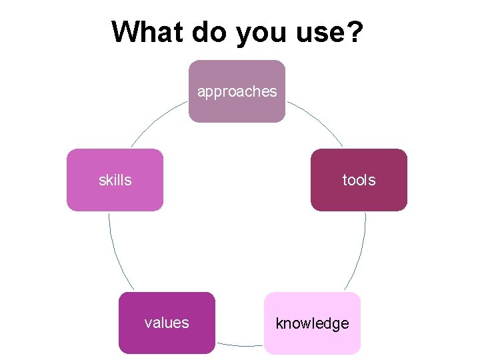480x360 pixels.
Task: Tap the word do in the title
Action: [209, 32]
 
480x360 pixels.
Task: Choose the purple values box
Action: [167, 337]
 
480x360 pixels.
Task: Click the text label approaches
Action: [237, 92]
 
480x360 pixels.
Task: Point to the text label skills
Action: [115, 180]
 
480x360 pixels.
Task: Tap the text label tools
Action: [359, 180]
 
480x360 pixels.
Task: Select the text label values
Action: [167, 323]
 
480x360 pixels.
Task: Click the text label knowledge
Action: [313, 324]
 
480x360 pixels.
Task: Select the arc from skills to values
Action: [117, 257]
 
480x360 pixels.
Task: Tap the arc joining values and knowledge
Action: [240, 345]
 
